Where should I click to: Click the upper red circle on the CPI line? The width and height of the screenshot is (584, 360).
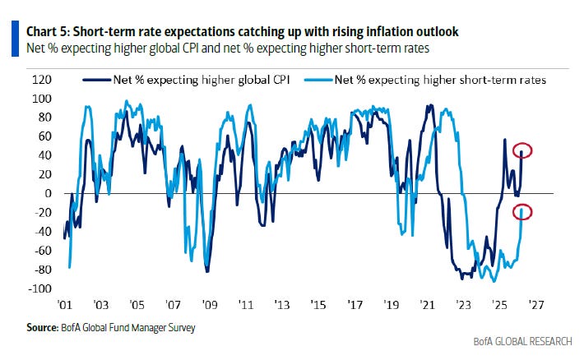tap(523, 150)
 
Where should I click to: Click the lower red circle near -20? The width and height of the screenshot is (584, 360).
tap(523, 212)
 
